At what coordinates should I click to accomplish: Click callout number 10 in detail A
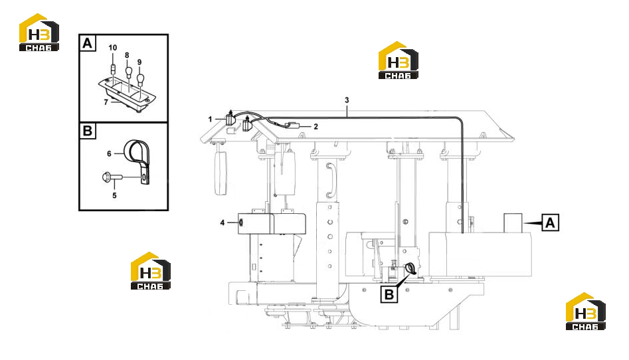[113, 48]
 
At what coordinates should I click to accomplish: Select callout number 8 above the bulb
[127, 55]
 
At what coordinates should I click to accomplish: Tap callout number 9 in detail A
[139, 62]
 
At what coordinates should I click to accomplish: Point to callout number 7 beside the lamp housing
[106, 102]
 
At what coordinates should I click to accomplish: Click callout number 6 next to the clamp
[109, 153]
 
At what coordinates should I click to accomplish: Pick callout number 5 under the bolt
[114, 195]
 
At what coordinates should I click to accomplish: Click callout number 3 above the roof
[347, 100]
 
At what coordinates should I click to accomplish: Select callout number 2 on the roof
[315, 127]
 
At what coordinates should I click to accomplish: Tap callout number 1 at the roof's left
[210, 119]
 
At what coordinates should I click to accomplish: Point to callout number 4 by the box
[223, 223]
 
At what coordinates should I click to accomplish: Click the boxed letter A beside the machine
[550, 223]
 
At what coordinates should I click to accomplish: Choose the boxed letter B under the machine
[389, 294]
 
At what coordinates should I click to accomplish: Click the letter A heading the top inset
[88, 43]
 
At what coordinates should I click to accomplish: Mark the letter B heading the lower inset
[88, 131]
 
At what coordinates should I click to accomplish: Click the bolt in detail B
[112, 177]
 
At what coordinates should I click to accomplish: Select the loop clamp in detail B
[138, 159]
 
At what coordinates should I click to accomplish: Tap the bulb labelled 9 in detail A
[140, 78]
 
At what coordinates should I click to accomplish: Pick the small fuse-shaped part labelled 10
[113, 70]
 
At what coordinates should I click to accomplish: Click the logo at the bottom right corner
[585, 311]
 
